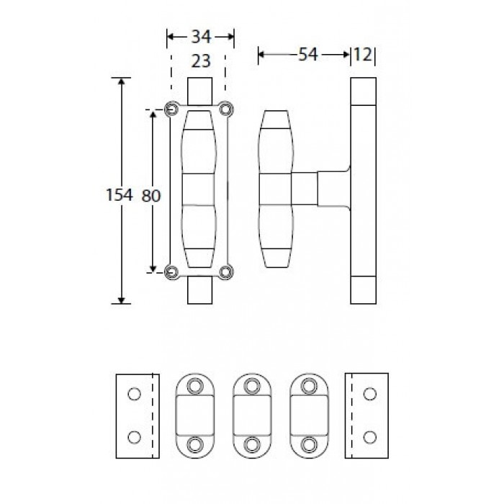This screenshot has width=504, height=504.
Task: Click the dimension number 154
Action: click(x=120, y=195)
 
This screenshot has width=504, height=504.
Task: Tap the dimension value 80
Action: click(x=150, y=195)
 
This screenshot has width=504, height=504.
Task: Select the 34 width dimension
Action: click(x=201, y=37)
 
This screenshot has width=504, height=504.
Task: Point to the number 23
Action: click(x=201, y=60)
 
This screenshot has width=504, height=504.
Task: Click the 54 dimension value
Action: click(x=308, y=54)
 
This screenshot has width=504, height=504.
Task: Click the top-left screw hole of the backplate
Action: click(x=172, y=109)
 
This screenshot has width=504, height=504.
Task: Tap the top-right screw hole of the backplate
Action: click(x=225, y=109)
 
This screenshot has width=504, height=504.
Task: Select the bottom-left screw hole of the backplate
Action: click(x=172, y=272)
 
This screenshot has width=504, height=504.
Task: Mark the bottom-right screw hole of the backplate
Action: click(x=225, y=272)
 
